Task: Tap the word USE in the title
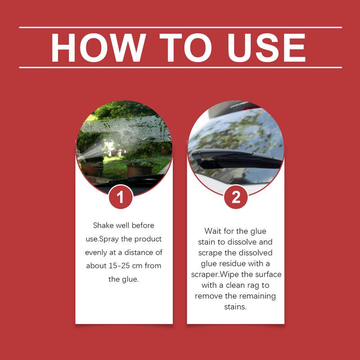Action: [266, 48]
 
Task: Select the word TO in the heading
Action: [185, 48]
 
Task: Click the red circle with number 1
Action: [121, 197]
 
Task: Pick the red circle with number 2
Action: [236, 197]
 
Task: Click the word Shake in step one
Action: [103, 225]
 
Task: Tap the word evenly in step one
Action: [96, 252]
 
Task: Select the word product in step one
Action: [148, 239]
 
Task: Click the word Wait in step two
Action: [213, 231]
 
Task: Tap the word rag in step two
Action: [253, 286]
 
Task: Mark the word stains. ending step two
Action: [235, 307]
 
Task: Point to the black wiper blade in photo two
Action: [237, 158]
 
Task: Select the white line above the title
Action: [180, 27]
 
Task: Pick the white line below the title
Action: [180, 67]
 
